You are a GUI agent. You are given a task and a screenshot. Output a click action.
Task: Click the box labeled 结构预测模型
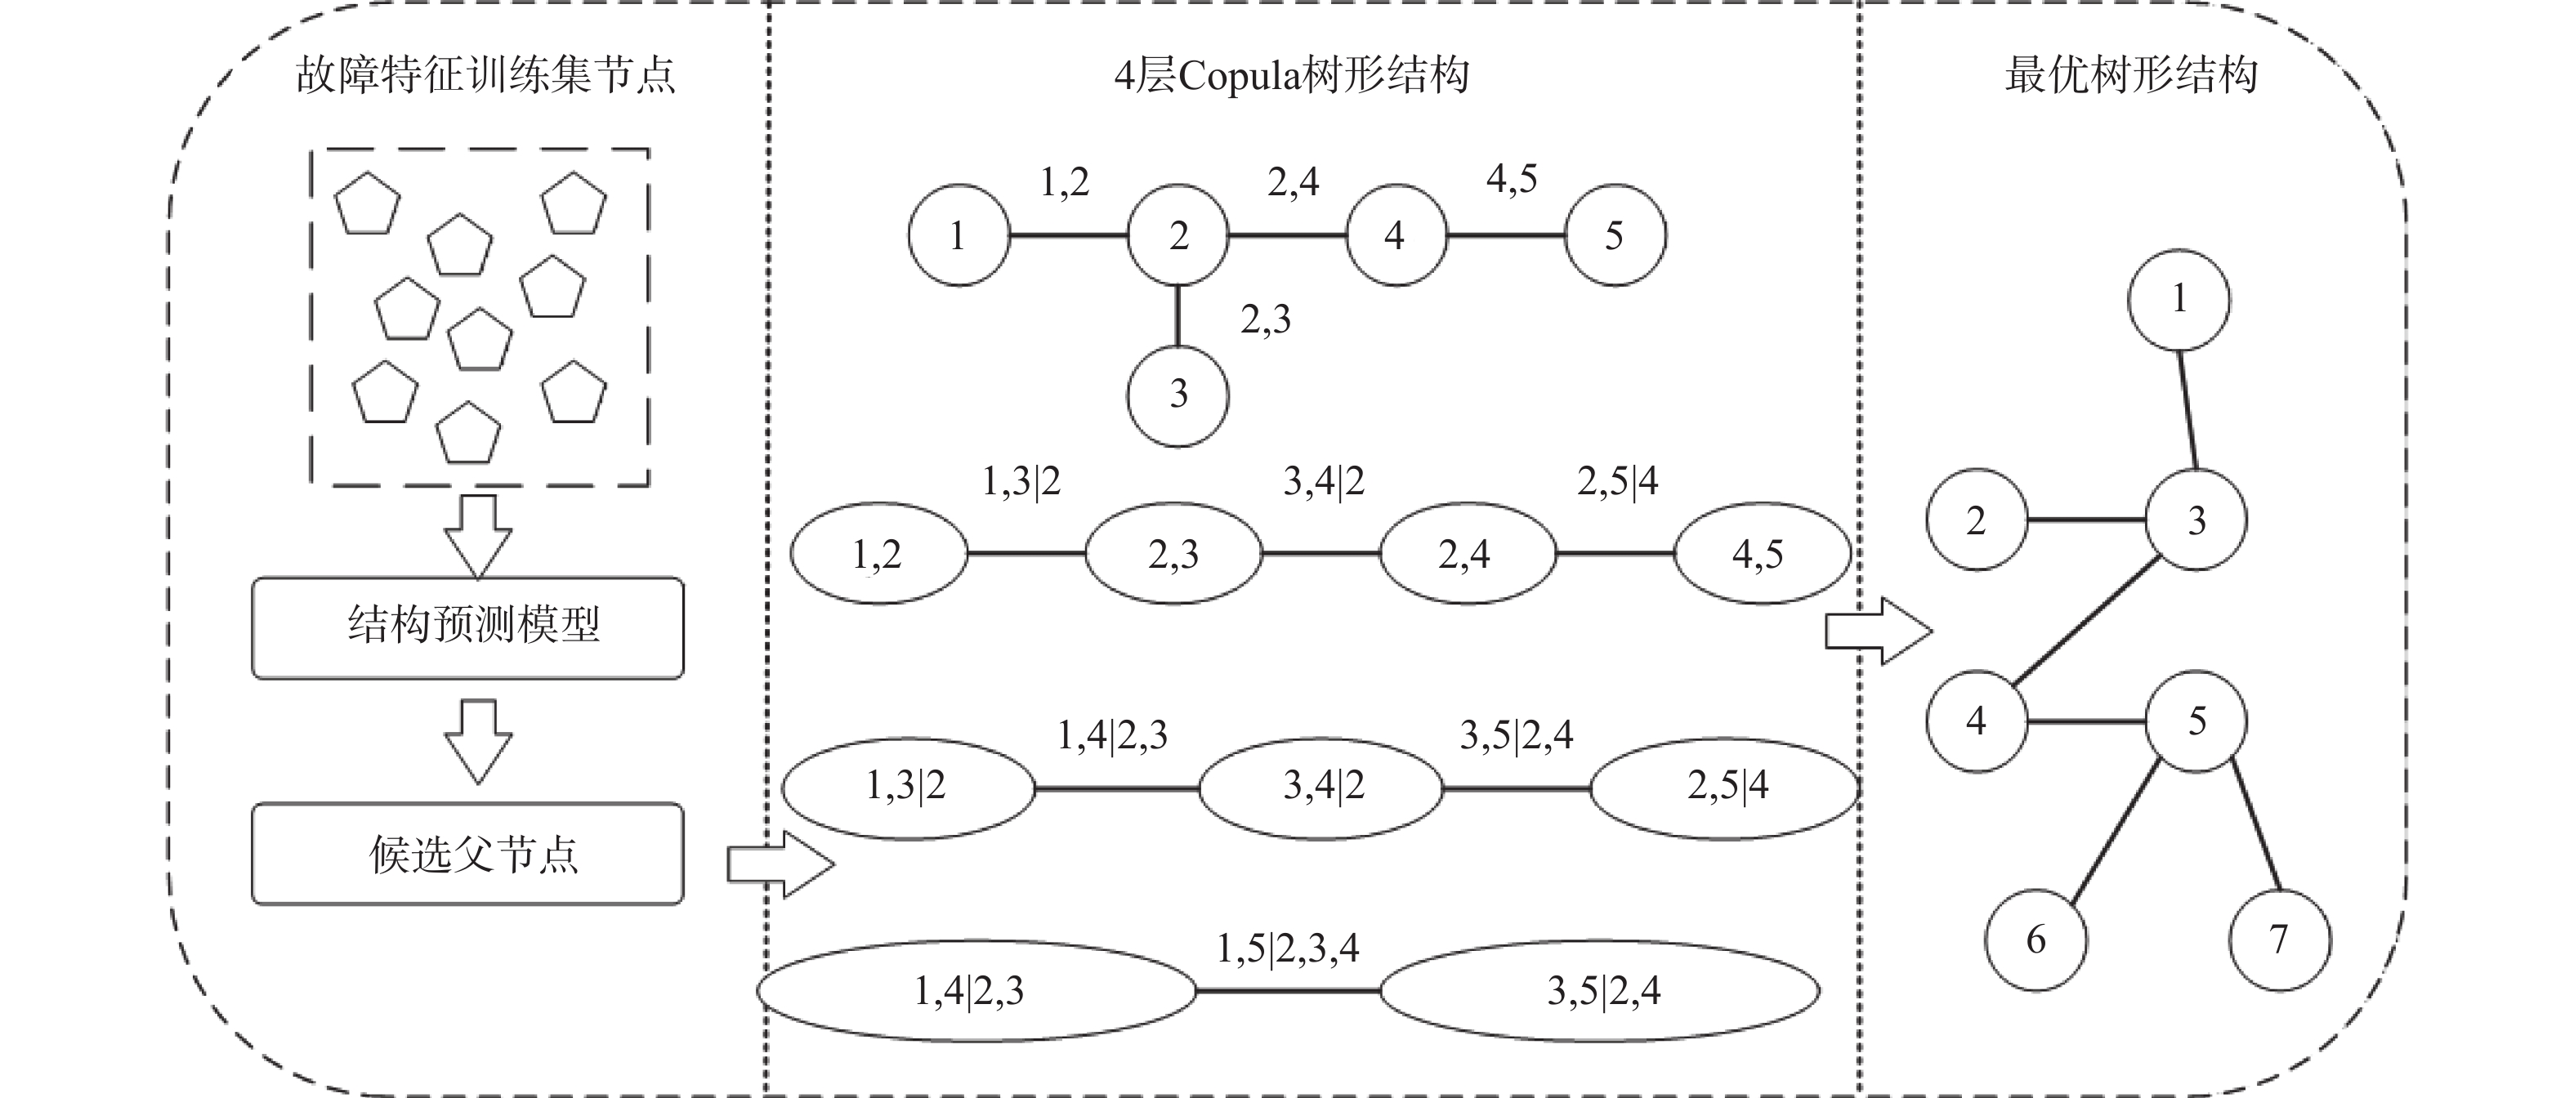467,627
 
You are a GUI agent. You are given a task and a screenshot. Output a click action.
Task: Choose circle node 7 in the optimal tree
2279,940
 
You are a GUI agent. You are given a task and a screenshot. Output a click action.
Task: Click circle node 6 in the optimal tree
2036,940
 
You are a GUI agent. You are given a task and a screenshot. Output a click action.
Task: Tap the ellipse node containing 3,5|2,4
1601,991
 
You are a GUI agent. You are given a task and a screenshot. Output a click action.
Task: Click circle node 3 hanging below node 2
1178,395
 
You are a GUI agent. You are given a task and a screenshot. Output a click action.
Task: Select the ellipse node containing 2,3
1173,554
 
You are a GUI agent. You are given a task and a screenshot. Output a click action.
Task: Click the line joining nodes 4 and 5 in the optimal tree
2086,721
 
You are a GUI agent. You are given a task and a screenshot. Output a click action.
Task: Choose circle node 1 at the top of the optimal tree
2179,299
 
